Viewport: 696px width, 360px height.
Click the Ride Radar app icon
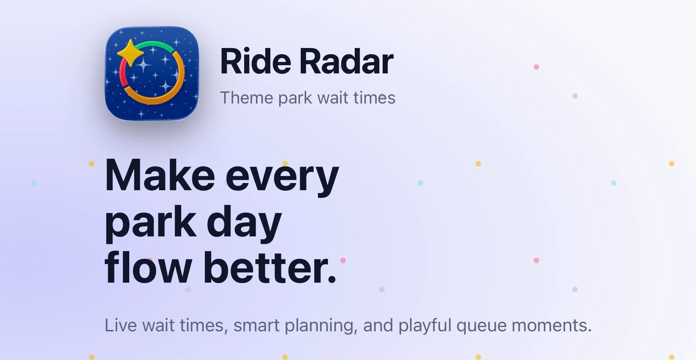coord(152,73)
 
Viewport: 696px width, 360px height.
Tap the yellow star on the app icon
coord(130,53)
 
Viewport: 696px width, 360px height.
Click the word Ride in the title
coord(256,62)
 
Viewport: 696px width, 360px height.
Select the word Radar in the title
coord(347,62)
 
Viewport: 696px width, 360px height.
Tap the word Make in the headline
coord(160,176)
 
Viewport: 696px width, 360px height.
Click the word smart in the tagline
coord(256,326)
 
